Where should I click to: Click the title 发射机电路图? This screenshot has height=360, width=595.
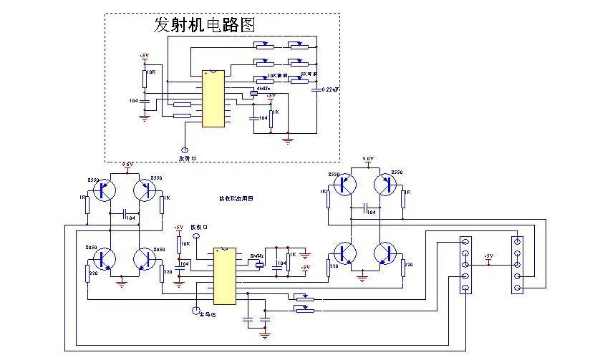(205, 26)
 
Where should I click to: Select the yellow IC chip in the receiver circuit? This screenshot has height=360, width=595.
(224, 276)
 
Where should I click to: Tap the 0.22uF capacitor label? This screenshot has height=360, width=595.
(330, 89)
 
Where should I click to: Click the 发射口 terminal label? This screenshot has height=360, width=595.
(187, 158)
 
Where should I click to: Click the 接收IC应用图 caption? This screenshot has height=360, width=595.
(236, 198)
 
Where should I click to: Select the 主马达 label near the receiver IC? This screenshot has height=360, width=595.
(208, 313)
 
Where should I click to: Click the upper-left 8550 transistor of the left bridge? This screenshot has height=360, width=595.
(105, 190)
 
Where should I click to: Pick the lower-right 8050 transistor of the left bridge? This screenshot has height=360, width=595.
(145, 259)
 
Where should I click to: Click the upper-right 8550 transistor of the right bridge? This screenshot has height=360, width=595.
(387, 184)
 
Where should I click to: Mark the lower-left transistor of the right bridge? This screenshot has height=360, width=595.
(345, 253)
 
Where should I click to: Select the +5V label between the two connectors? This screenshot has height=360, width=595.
(489, 256)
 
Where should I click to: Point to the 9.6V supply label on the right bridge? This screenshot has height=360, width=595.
(368, 159)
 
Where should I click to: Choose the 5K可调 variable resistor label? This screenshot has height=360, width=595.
(308, 74)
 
